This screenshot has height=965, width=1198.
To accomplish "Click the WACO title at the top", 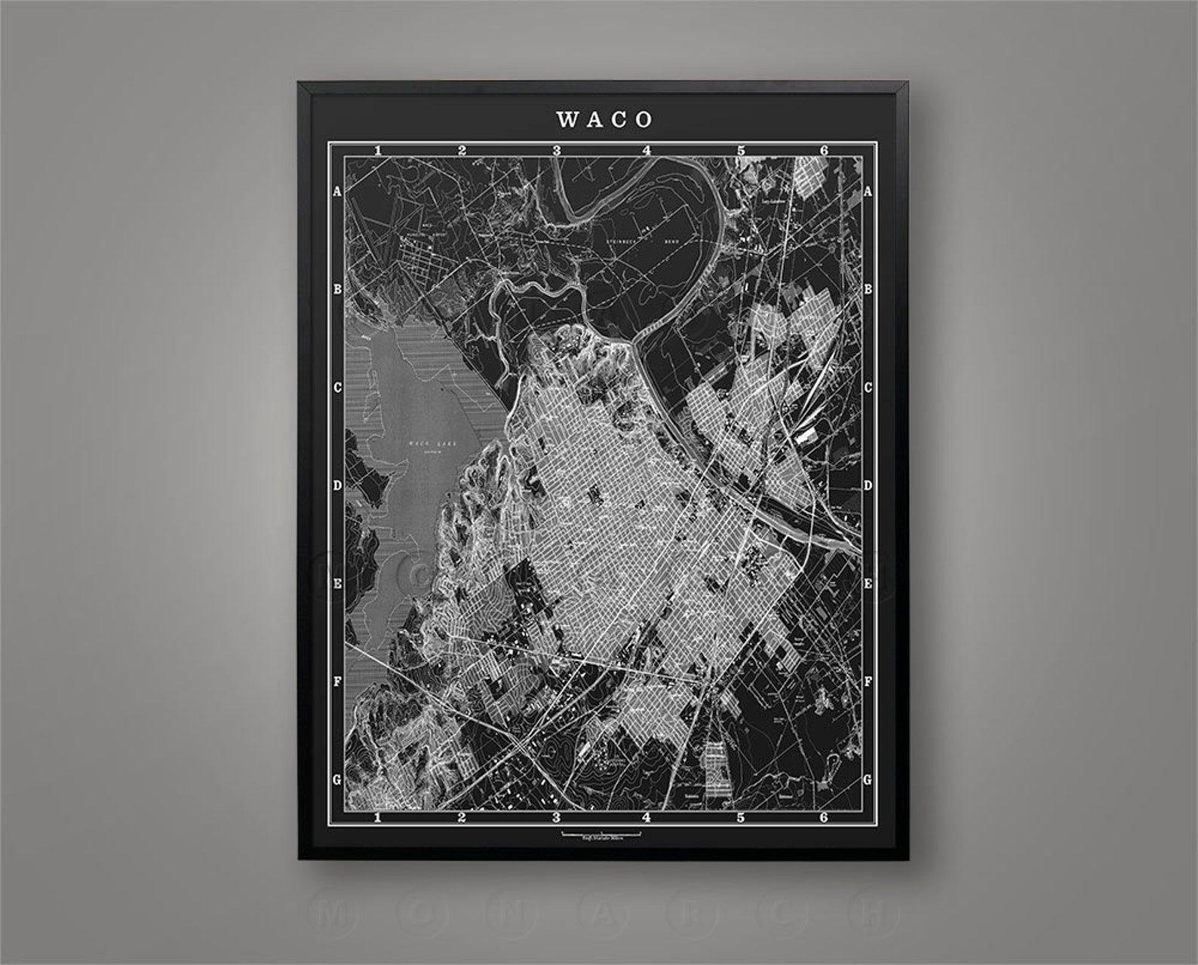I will tap(604, 119).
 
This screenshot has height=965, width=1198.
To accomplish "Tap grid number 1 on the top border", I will tap(377, 151).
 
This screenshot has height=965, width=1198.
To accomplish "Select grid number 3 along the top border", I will tap(557, 151).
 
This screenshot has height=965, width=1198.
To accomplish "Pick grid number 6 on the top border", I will tap(824, 151).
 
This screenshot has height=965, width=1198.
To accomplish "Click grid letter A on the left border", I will tap(338, 192).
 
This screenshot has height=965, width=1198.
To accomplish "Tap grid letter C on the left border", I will tap(338, 388).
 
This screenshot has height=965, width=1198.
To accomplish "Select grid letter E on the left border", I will tap(338, 584).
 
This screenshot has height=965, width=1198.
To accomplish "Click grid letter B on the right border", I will tap(868, 289).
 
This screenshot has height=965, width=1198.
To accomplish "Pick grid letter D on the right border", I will tap(868, 486).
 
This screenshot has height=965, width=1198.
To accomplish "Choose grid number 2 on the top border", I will tap(462, 151).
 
